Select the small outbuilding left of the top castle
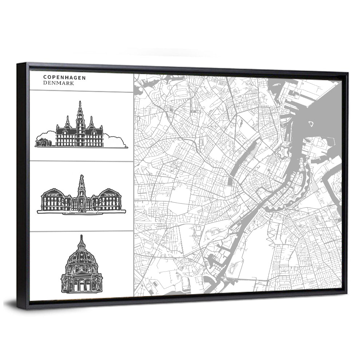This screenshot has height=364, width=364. point(43,142)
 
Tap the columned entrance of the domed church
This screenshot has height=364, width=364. point(81,284)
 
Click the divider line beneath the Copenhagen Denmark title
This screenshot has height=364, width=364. point(82,91)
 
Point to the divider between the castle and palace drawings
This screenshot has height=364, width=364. point(82,161)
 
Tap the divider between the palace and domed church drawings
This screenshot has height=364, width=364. point(82,231)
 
